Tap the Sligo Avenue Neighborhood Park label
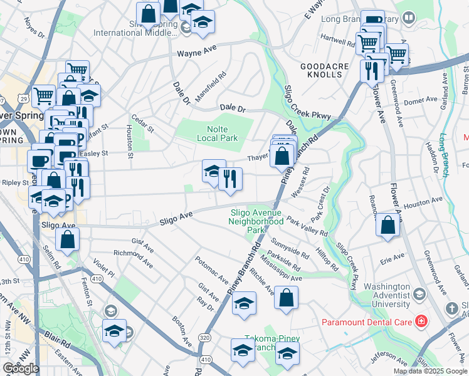pyautogui.click(x=256, y=221)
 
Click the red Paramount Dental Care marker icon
pyautogui.click(x=421, y=322)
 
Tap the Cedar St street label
pyautogui.click(x=143, y=123)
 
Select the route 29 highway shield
pyautogui.click(x=23, y=99)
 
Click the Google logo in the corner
pyautogui.click(x=21, y=368)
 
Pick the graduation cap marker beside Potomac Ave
pyautogui.click(x=244, y=303)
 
